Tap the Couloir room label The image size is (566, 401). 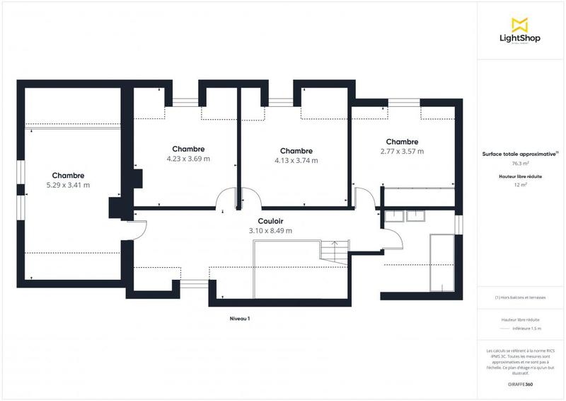pyautogui.click(x=270, y=221)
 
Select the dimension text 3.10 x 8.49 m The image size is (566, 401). pyautogui.click(x=270, y=231)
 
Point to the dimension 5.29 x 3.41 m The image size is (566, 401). pyautogui.click(x=68, y=186)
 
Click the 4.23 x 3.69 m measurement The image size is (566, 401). pyautogui.click(x=188, y=159)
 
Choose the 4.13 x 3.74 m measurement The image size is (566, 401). pyautogui.click(x=296, y=161)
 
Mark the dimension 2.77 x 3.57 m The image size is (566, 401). pyautogui.click(x=402, y=152)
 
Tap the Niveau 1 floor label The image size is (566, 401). pyautogui.click(x=240, y=319)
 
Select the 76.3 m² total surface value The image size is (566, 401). pyautogui.click(x=520, y=162)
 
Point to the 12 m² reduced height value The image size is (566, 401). pyautogui.click(x=520, y=185)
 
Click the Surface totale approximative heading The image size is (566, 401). pyautogui.click(x=519, y=154)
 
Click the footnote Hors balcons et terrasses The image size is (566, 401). pyautogui.click(x=520, y=298)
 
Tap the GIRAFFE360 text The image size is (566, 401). pyautogui.click(x=520, y=383)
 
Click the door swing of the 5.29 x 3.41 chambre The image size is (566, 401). pyautogui.click(x=139, y=229)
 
